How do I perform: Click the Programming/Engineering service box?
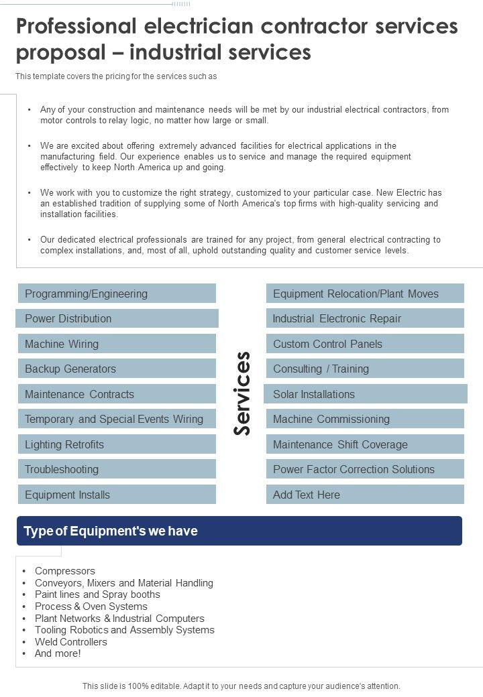117,294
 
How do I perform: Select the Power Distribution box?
117,318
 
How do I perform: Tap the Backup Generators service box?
117,369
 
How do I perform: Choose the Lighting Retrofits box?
117,444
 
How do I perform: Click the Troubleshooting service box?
117,469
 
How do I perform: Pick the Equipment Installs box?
117,495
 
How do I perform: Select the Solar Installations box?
366,394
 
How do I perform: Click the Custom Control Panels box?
366,344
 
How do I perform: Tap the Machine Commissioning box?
366,419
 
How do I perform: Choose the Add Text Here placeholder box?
366,495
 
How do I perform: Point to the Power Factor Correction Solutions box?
366,469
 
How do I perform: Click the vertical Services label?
241,393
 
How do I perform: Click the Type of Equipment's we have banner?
239,531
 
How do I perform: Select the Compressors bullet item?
65,571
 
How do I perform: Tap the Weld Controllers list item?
71,641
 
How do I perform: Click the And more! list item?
58,653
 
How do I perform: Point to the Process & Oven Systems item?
91,607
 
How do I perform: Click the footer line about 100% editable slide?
241,686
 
